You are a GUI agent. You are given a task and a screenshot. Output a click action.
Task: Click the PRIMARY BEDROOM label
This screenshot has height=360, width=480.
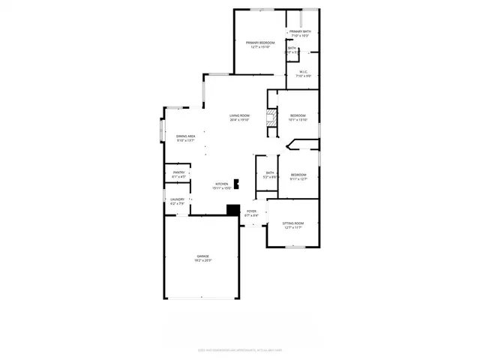(x=260, y=43)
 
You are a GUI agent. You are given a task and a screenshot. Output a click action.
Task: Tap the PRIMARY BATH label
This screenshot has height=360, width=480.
(x=301, y=31)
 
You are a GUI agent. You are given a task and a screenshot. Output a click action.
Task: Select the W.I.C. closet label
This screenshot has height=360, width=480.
(x=303, y=72)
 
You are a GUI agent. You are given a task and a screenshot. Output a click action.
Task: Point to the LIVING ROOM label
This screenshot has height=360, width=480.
(x=240, y=115)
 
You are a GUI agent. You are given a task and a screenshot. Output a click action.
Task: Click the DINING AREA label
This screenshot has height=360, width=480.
(x=186, y=136)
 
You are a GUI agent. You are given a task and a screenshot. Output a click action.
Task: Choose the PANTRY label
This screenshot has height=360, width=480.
(x=178, y=172)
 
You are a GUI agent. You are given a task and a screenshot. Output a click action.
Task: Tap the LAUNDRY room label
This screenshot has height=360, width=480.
(x=178, y=199)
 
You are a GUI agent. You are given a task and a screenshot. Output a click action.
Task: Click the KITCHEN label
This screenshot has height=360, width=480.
(x=222, y=184)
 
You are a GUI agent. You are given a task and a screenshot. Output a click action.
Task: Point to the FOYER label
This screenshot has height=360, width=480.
(x=252, y=211)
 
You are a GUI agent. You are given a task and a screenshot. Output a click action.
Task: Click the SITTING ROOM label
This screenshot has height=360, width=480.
(x=292, y=223)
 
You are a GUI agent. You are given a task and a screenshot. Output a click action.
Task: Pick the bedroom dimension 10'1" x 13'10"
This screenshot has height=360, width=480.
(x=298, y=120)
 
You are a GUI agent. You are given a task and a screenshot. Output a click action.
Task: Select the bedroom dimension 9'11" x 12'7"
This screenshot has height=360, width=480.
(x=298, y=178)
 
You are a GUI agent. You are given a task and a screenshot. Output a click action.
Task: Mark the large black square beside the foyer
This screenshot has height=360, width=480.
(x=232, y=211)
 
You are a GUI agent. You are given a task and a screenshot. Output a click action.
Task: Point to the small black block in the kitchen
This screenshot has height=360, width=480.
(x=237, y=182)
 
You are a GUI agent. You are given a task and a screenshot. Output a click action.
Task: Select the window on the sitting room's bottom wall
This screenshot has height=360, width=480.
(x=294, y=247)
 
